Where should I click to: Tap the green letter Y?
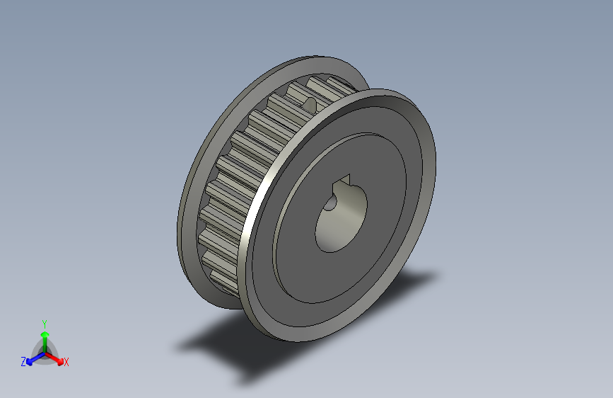tap(44, 322)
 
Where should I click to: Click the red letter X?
tap(66, 362)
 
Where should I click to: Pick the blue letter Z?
tap(23, 361)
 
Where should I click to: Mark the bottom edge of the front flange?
tap(297, 339)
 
